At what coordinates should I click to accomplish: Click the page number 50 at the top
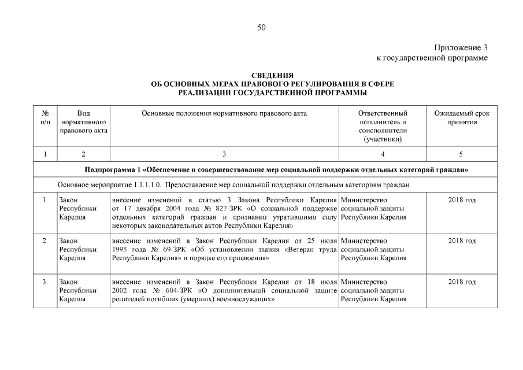(261, 27)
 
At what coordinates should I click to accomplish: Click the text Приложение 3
(461, 48)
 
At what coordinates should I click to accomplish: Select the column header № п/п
(45, 118)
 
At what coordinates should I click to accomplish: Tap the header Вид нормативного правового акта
(83, 122)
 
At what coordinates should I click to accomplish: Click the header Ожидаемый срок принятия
(461, 118)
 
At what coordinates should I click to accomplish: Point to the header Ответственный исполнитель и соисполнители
(383, 126)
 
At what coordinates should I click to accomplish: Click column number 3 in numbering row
(224, 154)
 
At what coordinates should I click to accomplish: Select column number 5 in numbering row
(461, 154)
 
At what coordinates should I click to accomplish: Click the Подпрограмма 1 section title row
(276, 170)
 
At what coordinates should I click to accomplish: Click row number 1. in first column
(45, 200)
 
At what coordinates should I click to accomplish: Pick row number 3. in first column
(45, 282)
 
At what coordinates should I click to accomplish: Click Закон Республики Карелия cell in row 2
(77, 249)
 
